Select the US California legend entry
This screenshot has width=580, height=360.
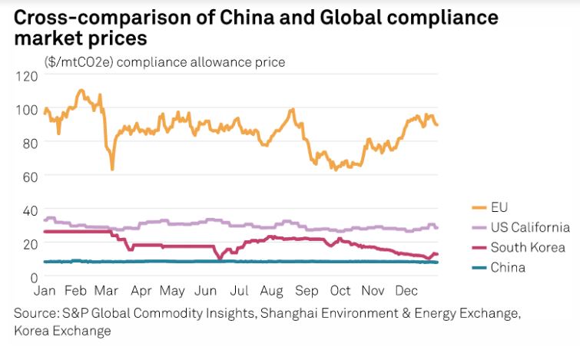click(x=530, y=227)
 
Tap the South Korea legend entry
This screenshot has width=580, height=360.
click(x=528, y=247)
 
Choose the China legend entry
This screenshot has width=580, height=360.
click(x=508, y=267)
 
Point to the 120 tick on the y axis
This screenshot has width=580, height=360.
click(x=26, y=76)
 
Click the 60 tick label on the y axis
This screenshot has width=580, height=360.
click(x=29, y=176)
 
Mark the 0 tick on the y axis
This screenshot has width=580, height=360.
click(x=33, y=276)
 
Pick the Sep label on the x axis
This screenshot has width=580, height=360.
click(x=307, y=292)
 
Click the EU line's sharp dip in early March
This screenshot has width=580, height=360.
click(x=112, y=169)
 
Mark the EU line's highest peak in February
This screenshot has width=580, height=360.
click(x=81, y=91)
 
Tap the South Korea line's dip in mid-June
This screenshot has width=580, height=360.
click(x=220, y=259)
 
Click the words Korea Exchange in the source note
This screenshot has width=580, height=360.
click(x=62, y=331)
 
